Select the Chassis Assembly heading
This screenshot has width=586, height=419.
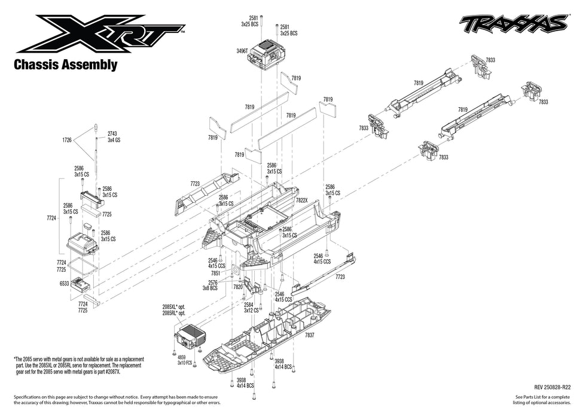(x=65, y=64)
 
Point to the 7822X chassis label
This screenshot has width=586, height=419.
(x=302, y=201)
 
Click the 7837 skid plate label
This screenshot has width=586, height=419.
(x=309, y=335)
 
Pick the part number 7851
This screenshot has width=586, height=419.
(x=216, y=273)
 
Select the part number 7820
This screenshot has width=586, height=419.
(x=237, y=287)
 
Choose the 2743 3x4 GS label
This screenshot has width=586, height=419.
(x=113, y=136)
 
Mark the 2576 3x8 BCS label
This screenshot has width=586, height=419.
(x=209, y=285)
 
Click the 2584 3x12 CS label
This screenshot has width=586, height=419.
(x=251, y=308)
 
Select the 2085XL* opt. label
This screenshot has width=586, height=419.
(x=174, y=306)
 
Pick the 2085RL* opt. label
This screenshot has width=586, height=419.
(x=174, y=313)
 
